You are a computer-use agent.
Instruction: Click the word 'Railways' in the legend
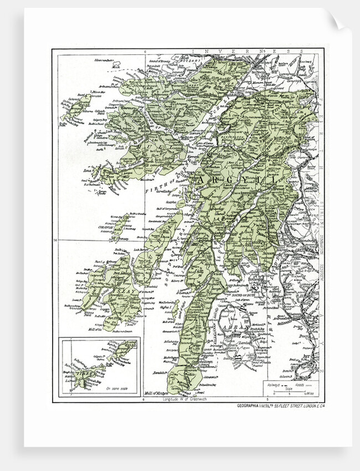pos(272,383)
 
